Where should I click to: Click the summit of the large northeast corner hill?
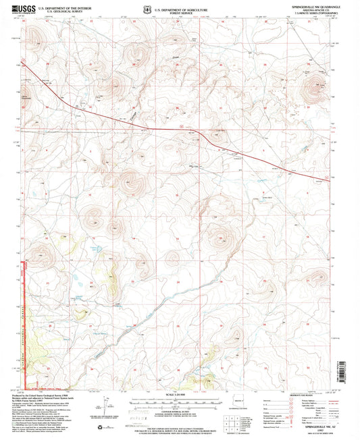coord(315,85)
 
